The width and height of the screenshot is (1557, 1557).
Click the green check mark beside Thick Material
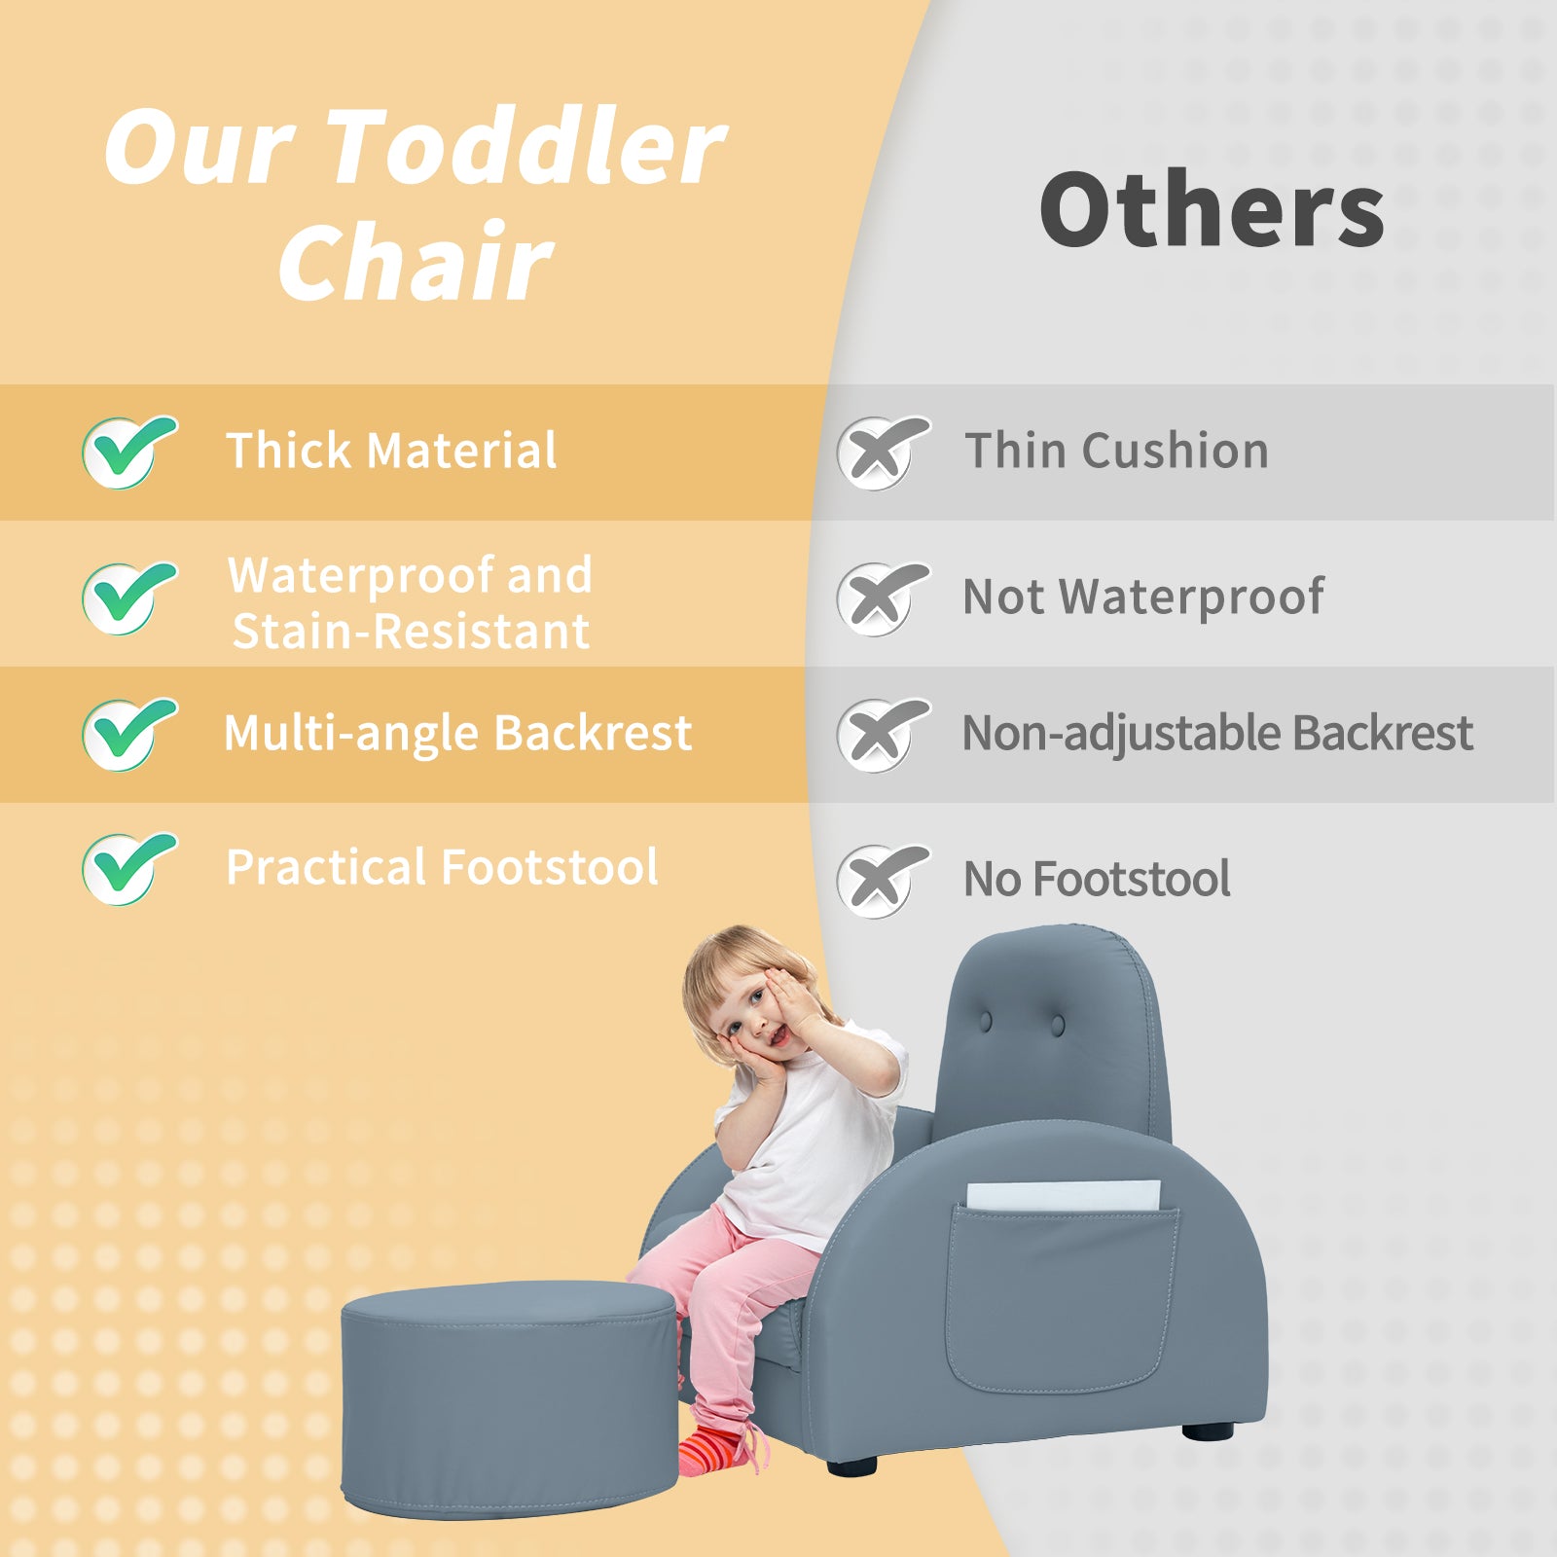(128, 452)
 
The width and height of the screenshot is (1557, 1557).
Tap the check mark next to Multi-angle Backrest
(128, 734)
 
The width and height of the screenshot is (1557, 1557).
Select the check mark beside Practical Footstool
(128, 868)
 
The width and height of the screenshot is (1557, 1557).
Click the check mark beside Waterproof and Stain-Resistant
(128, 597)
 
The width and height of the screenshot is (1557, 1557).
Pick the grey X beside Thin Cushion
(883, 453)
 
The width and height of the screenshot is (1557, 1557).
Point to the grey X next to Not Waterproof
(883, 598)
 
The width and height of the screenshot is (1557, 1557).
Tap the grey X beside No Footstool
(883, 881)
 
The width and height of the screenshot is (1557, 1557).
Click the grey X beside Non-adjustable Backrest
(883, 735)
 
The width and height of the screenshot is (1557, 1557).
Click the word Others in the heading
(1213, 209)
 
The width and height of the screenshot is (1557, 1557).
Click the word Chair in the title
(416, 261)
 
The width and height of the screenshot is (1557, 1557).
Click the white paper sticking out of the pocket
(1064, 1196)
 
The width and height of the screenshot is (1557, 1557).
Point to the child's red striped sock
(715, 1450)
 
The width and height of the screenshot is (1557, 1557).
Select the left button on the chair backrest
(986, 1022)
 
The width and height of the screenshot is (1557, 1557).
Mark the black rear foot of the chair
(1207, 1430)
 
